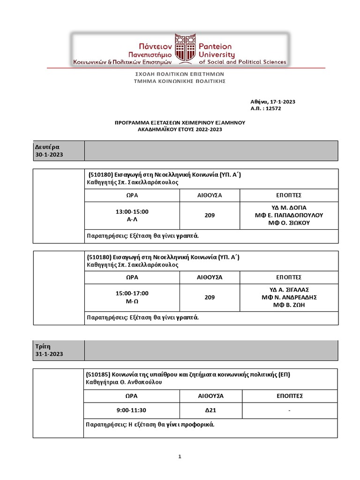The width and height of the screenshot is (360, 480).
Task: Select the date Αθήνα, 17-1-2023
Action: point(273,102)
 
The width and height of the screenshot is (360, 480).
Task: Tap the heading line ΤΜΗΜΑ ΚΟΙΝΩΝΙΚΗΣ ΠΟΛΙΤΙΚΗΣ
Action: point(180,81)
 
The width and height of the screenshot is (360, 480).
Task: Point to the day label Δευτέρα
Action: point(47,147)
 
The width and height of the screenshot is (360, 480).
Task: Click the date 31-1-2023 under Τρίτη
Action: point(49,354)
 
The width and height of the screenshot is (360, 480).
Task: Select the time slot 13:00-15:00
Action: point(132,211)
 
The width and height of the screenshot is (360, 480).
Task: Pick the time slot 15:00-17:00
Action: point(132,293)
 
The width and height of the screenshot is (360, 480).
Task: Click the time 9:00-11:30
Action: point(132,410)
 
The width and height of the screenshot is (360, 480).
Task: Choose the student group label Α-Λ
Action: point(132,219)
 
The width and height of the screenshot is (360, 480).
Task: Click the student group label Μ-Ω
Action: point(132,301)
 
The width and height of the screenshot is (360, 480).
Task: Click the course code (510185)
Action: point(98,375)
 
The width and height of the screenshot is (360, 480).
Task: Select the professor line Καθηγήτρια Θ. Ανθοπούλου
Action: point(124,382)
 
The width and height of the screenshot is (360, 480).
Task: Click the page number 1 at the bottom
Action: point(180,457)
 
